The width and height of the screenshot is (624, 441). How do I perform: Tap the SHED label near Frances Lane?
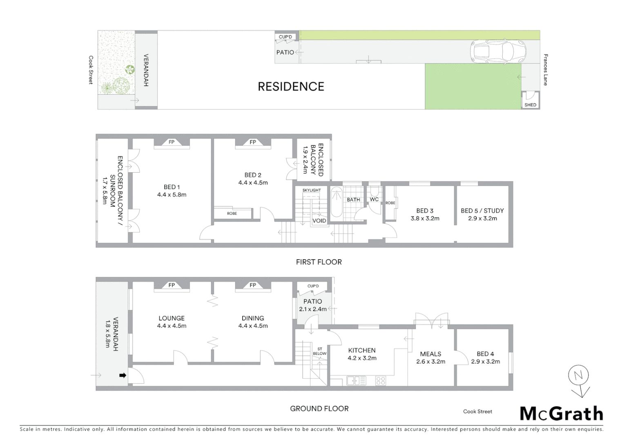coord(530,105)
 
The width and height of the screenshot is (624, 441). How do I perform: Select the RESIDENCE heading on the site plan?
coord(291,87)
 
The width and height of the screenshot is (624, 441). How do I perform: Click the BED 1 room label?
coord(172,187)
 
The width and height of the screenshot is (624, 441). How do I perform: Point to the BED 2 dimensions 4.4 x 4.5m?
coord(253,183)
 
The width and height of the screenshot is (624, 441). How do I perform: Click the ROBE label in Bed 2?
coord(232,214)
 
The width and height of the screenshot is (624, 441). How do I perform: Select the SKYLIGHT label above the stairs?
coord(312,190)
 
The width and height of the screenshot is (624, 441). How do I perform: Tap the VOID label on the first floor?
coord(319,221)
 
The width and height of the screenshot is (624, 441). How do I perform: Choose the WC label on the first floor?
coord(374,200)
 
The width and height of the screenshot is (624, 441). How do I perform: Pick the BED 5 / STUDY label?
coord(482,211)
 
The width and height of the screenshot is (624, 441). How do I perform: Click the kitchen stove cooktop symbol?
coord(380,381)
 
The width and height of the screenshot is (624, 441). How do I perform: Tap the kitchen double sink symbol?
coord(357,381)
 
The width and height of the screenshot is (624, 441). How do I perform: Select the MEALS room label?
coord(430,354)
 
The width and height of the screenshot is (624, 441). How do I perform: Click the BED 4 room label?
coord(485,354)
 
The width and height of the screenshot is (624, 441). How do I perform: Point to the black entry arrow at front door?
coord(122,375)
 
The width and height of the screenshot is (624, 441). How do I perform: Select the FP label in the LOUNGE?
coord(172,285)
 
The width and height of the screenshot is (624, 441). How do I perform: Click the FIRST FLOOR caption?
coord(319,262)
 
